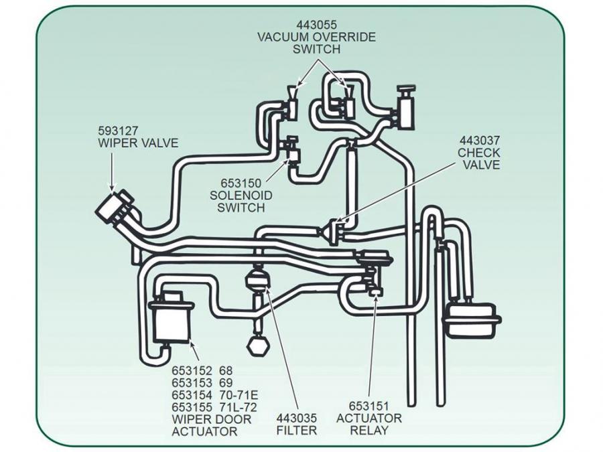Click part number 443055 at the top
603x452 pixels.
coord(316,25)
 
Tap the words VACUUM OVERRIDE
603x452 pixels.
coord(316,37)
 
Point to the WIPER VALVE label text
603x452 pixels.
coord(139,143)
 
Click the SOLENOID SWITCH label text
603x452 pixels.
coord(241,201)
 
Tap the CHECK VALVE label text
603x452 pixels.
coord(479,159)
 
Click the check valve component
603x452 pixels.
coord(332,230)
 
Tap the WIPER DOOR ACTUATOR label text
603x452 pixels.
coord(212,425)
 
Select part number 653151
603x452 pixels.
coord(368,406)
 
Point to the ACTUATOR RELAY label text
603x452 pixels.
coord(368,425)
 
